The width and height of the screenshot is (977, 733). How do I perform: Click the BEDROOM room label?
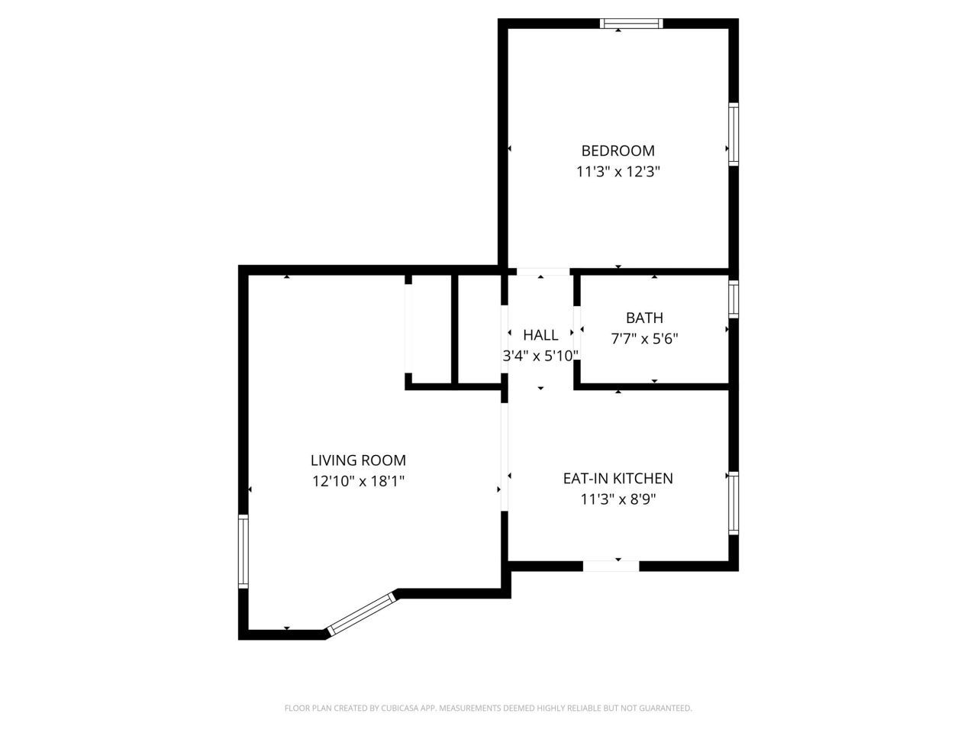coord(617,151)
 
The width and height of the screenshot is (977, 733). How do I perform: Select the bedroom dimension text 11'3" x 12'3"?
coord(617,173)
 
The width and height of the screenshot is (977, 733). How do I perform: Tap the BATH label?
coord(644,318)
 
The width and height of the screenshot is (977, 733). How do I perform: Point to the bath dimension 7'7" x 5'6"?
coord(644,339)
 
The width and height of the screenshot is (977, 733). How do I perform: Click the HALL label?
coord(540,335)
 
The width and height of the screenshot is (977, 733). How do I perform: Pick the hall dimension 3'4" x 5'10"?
coord(540,356)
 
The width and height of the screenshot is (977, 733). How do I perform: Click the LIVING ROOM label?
coord(358,460)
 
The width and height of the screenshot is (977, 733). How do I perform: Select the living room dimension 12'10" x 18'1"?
coord(358,482)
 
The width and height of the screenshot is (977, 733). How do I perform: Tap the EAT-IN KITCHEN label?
coord(617,479)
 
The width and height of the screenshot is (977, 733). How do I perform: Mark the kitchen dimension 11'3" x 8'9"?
coord(617,500)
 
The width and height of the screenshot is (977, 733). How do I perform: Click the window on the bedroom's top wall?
coord(631,24)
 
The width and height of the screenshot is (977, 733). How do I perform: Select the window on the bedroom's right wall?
coord(733,134)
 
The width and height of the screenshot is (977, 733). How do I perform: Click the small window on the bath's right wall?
coord(733,299)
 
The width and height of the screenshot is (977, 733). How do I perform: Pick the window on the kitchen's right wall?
coord(733,502)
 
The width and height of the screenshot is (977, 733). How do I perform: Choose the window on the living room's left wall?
coord(243,551)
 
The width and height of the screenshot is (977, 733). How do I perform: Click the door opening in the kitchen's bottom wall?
coord(611,566)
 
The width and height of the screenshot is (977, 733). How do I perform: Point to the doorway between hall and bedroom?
coord(543,272)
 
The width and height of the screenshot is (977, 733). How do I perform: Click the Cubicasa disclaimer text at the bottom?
coord(488,709)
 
